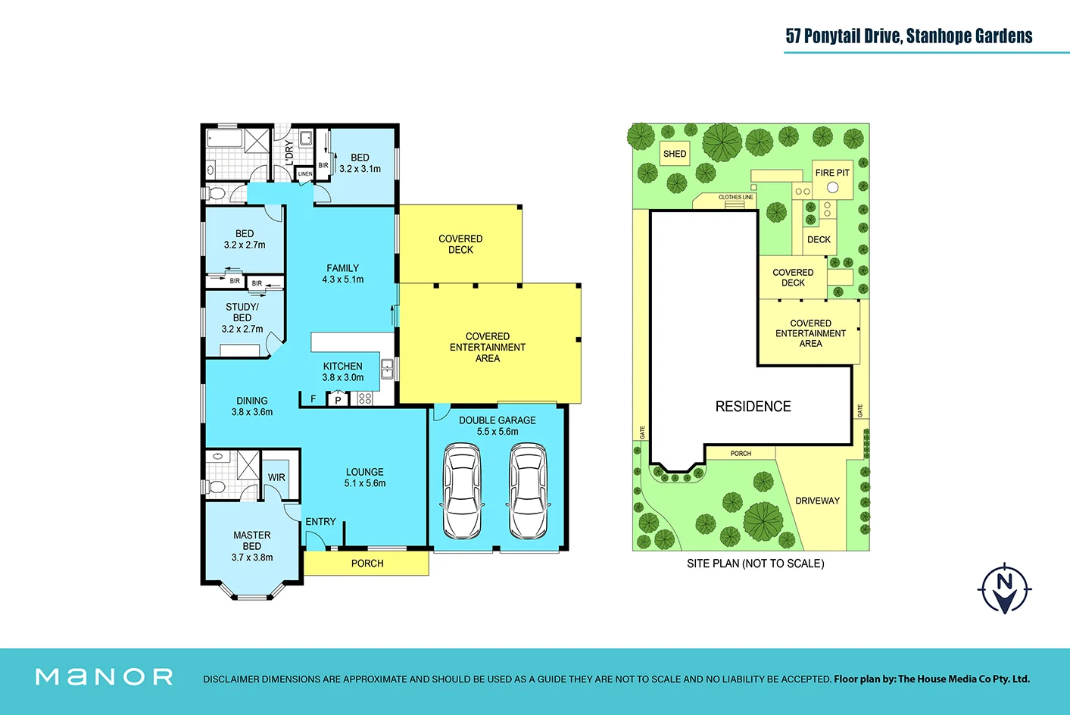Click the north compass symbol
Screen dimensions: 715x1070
(x=1005, y=589)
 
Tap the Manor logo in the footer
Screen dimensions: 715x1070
(x=105, y=676)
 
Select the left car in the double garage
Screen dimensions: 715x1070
(x=461, y=492)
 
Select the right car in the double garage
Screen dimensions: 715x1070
(x=528, y=492)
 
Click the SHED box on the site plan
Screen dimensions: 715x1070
(x=675, y=154)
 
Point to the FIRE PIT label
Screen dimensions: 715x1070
(x=832, y=173)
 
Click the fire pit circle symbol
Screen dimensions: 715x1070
(x=833, y=187)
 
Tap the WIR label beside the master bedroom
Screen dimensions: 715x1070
(x=276, y=478)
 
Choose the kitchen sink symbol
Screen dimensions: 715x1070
(x=387, y=369)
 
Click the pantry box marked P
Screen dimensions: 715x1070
(x=338, y=399)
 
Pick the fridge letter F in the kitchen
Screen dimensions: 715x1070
(x=314, y=399)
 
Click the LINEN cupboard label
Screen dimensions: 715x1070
(x=305, y=174)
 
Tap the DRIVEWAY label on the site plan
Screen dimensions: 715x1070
(x=817, y=501)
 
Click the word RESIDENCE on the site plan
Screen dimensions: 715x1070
(x=753, y=407)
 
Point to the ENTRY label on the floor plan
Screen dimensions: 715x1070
(x=320, y=522)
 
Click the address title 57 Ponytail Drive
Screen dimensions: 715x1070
(x=909, y=36)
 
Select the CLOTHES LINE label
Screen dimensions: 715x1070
(x=736, y=197)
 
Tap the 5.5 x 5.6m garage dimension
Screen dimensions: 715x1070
(x=498, y=432)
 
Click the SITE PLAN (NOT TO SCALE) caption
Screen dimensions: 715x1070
(x=755, y=564)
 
